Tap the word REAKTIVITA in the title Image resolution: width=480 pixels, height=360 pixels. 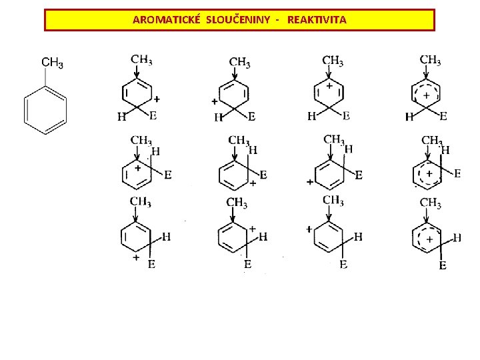coord(317,20)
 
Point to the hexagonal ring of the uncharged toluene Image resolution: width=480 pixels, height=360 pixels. coord(45,107)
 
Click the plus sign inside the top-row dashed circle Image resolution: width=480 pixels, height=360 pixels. coord(426,95)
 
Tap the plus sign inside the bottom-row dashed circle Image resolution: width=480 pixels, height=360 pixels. coord(430,238)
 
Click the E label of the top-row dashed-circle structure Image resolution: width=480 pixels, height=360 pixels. coord(444,116)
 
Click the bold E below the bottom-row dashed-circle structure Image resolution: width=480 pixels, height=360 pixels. coord(442,265)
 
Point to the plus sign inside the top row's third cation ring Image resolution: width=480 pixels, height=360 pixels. coord(329,87)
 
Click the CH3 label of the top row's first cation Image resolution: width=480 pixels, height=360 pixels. coord(141,59)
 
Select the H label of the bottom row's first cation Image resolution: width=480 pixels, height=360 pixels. coord(167,236)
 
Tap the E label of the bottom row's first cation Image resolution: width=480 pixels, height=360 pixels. coord(152,265)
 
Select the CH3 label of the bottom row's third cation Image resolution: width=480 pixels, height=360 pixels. coord(333,200)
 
